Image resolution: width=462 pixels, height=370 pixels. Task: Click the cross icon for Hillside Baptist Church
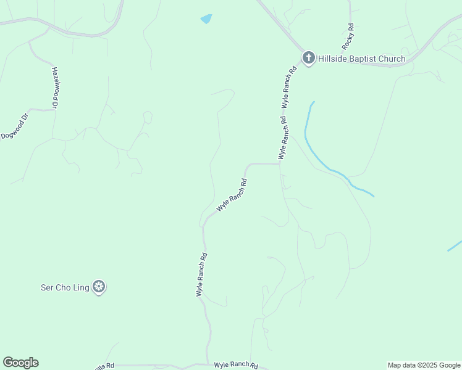point(309,59)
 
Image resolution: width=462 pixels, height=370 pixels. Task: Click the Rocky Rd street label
point(348,36)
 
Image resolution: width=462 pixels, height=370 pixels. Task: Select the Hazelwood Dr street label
point(54,88)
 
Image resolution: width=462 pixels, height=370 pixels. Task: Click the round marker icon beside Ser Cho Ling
point(99,287)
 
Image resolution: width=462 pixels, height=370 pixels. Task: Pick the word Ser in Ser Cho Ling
point(46,287)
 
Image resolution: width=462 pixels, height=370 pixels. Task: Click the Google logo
point(20,363)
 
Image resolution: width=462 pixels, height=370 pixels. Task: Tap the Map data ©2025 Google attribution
point(424,365)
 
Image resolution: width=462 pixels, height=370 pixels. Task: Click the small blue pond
point(206,19)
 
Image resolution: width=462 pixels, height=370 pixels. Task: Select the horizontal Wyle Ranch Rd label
point(235,365)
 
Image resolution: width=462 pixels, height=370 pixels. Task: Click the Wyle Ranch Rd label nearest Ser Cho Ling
point(201,275)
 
